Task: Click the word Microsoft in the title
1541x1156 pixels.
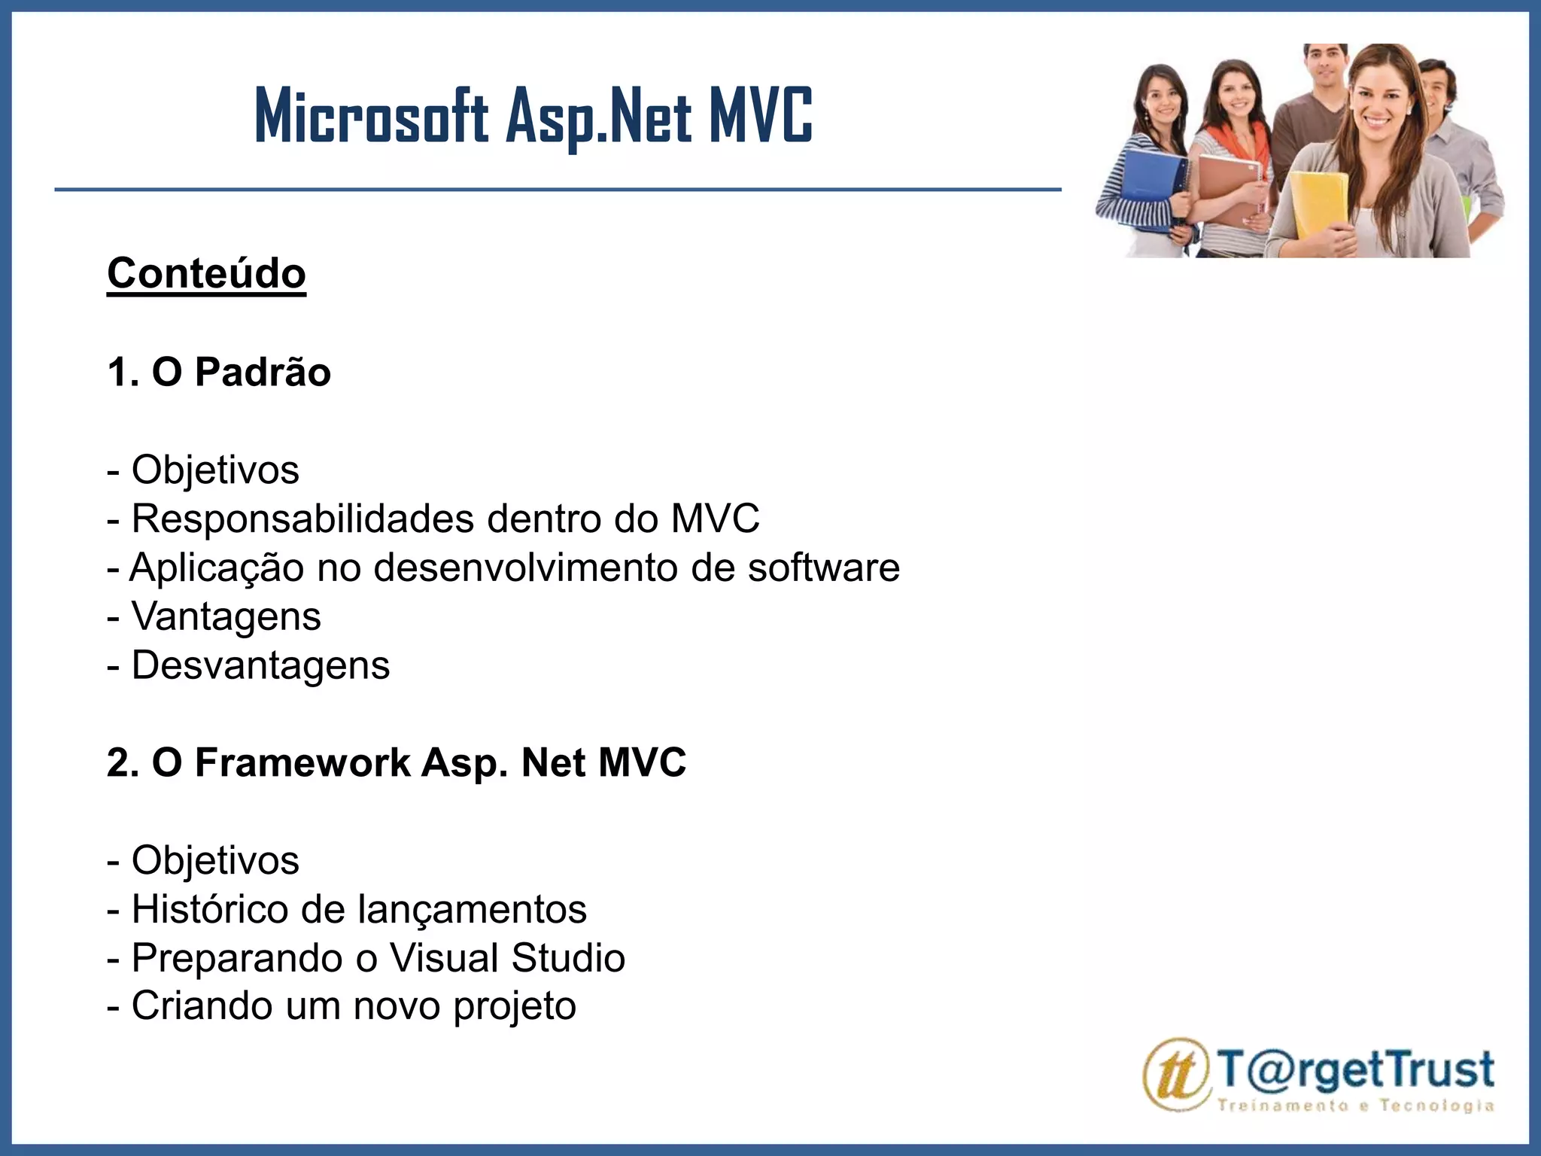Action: (x=371, y=117)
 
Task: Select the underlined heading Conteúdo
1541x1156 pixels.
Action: (x=206, y=273)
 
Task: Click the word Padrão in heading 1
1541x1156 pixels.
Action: (x=263, y=372)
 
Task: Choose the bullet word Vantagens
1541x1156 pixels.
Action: (x=226, y=616)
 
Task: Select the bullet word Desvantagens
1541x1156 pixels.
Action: (x=260, y=665)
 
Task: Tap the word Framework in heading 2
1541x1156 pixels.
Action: (x=302, y=762)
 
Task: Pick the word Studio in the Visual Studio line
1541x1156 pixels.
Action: (x=568, y=958)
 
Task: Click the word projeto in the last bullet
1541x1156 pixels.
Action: (x=515, y=1006)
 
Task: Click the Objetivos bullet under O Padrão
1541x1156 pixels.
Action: (x=215, y=470)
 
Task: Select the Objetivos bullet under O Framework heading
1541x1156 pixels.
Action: (x=215, y=860)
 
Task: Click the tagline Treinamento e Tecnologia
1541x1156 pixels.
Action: (x=1355, y=1106)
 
